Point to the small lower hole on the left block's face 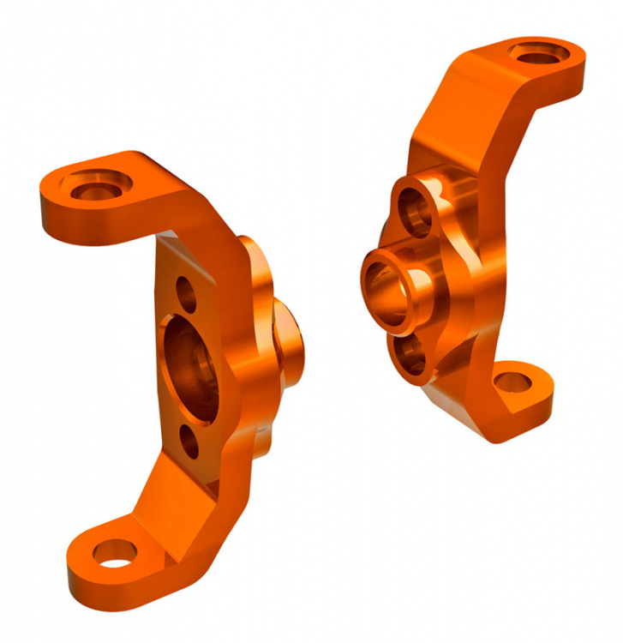click(189, 443)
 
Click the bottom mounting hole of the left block click(113, 553)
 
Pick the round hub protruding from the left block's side click(291, 343)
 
